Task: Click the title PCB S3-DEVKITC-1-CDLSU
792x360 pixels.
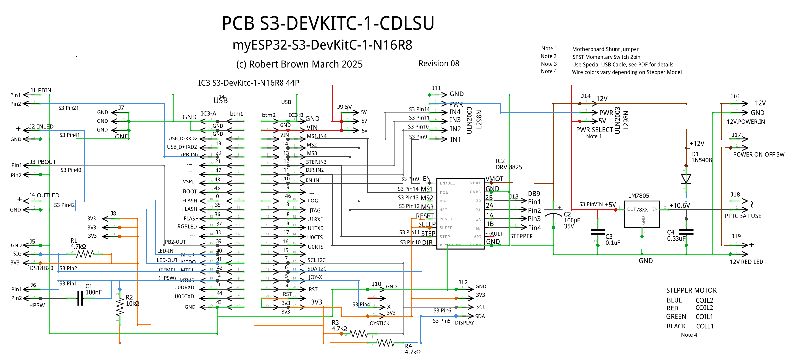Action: point(328,23)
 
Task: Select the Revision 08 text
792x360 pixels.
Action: point(439,64)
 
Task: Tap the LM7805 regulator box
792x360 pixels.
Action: point(642,214)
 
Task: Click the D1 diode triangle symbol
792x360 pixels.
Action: point(686,179)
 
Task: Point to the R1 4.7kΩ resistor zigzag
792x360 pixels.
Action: point(85,254)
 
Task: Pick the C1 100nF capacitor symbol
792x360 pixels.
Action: point(80,298)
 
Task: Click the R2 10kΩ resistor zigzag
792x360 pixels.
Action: point(120,307)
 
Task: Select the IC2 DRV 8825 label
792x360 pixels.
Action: point(509,164)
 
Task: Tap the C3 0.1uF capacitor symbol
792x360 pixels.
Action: point(598,232)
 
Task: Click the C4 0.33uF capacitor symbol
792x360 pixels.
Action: point(686,232)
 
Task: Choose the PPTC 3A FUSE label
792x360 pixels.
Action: point(743,216)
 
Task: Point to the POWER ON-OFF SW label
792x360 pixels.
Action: point(759,155)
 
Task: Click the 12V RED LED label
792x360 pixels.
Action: point(746,262)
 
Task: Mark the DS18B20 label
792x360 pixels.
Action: point(41,268)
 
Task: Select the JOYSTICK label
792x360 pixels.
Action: point(379,323)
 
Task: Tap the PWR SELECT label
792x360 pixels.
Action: point(594,130)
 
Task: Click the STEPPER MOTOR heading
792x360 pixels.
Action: point(691,290)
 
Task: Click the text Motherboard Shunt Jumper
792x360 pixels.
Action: point(605,49)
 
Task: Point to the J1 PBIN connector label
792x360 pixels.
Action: point(41,90)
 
